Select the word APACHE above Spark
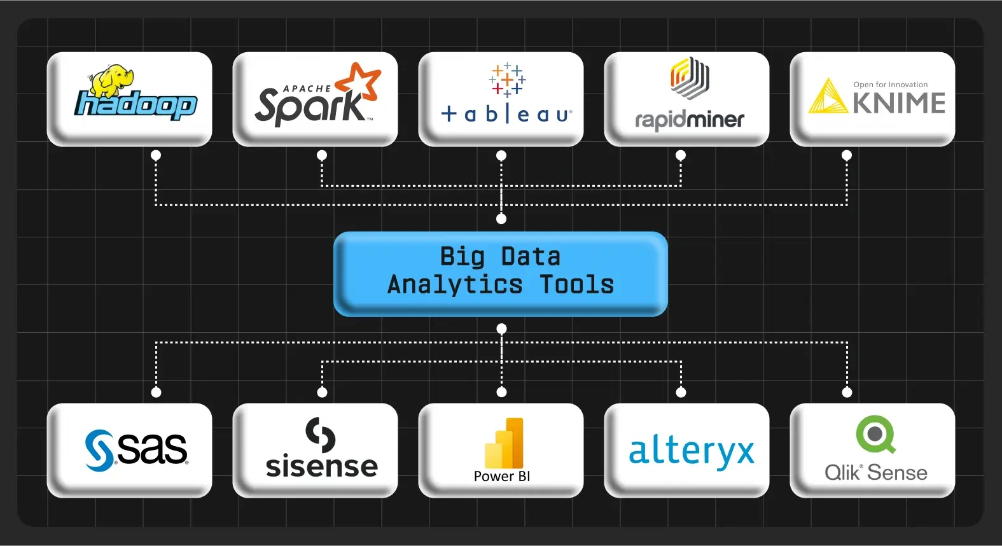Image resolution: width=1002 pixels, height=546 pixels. [307, 88]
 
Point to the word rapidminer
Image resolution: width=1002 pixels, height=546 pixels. [690, 120]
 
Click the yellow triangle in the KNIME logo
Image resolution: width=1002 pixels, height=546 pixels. [827, 97]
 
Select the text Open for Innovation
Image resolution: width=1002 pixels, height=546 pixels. [890, 85]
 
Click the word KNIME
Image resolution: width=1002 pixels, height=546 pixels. [898, 103]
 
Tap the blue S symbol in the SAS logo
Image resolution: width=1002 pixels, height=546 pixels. [99, 450]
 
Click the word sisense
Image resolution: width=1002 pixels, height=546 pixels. [321, 466]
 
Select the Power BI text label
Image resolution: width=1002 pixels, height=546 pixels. [501, 476]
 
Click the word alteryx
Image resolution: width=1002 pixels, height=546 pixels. [691, 451]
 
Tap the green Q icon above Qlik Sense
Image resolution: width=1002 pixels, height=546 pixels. [875, 434]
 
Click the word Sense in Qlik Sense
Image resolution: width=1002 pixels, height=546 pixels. [897, 473]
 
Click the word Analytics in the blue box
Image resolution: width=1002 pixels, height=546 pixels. [455, 284]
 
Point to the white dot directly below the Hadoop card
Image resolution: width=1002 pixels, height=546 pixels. [156, 155]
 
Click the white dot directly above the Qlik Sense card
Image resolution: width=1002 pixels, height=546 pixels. [847, 393]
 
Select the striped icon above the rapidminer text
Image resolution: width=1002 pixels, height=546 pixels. [690, 78]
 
